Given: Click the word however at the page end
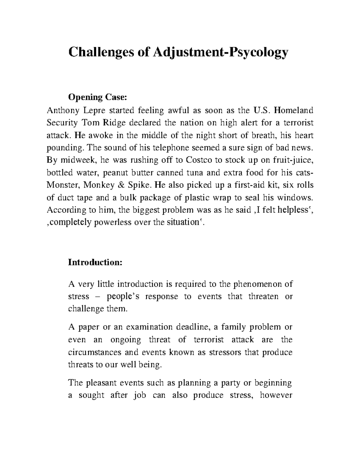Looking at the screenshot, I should (x=276, y=395).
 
